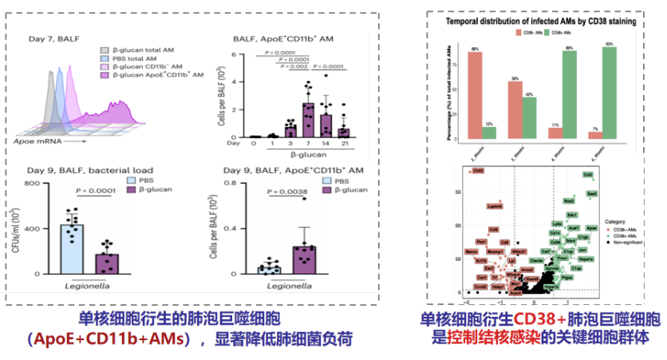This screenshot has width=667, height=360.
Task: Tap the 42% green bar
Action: coord(529,117)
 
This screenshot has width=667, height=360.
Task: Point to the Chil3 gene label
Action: coord(478,171)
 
